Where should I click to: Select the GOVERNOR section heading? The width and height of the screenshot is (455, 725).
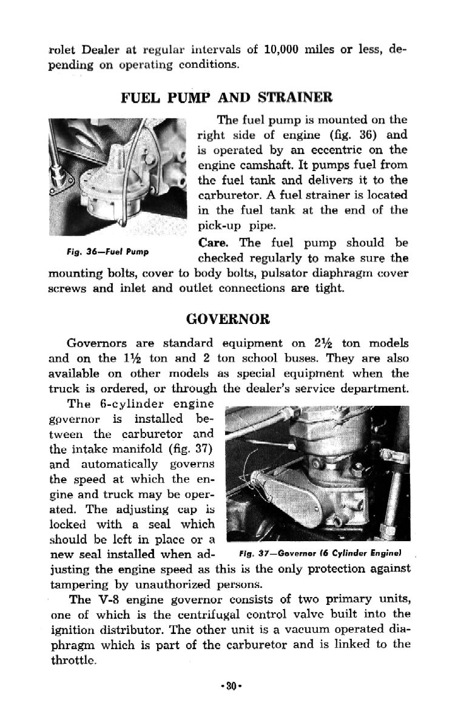227,318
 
